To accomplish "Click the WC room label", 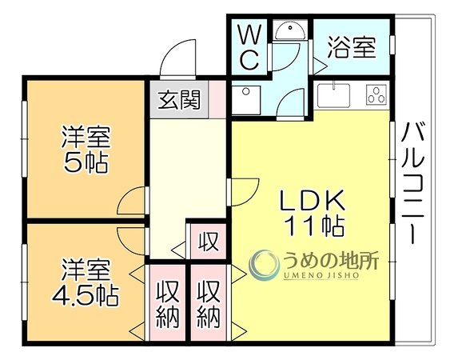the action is click(249, 47).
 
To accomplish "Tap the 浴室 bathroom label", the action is click(352, 47).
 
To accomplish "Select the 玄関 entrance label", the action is click(180, 100).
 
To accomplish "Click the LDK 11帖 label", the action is click(313, 213).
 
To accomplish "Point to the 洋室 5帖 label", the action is click(86, 150).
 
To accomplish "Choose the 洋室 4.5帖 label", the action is click(86, 282).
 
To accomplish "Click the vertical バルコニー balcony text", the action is click(413, 183).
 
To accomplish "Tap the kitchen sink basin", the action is click(333, 95).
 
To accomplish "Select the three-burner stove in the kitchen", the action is click(376, 94).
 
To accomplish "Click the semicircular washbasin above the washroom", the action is click(289, 31).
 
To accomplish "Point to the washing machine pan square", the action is click(246, 100).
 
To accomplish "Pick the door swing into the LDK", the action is click(243, 192).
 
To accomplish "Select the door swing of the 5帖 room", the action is click(133, 201).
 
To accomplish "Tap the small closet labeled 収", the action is click(208, 242).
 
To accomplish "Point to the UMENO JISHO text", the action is click(321, 275).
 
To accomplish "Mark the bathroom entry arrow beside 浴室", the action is click(319, 66).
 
